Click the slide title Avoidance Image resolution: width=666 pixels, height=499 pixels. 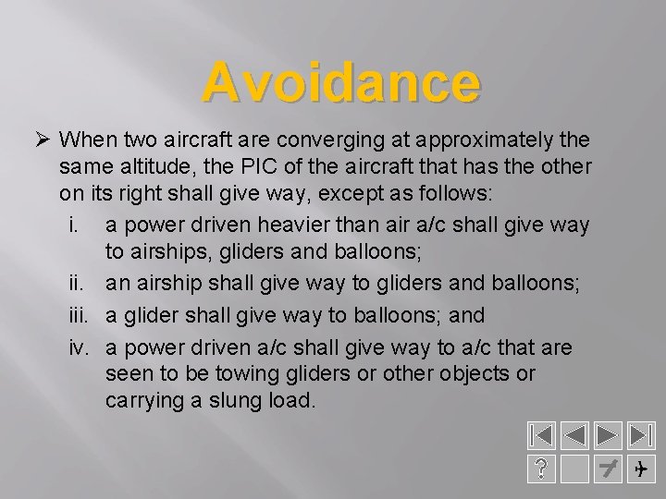(x=341, y=83)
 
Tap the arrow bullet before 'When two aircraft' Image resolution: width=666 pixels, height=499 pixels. (x=40, y=140)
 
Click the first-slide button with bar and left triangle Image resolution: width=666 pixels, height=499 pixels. (x=541, y=438)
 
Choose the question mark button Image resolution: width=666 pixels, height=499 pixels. (x=541, y=470)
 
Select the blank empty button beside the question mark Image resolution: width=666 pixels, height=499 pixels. (x=574, y=470)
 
